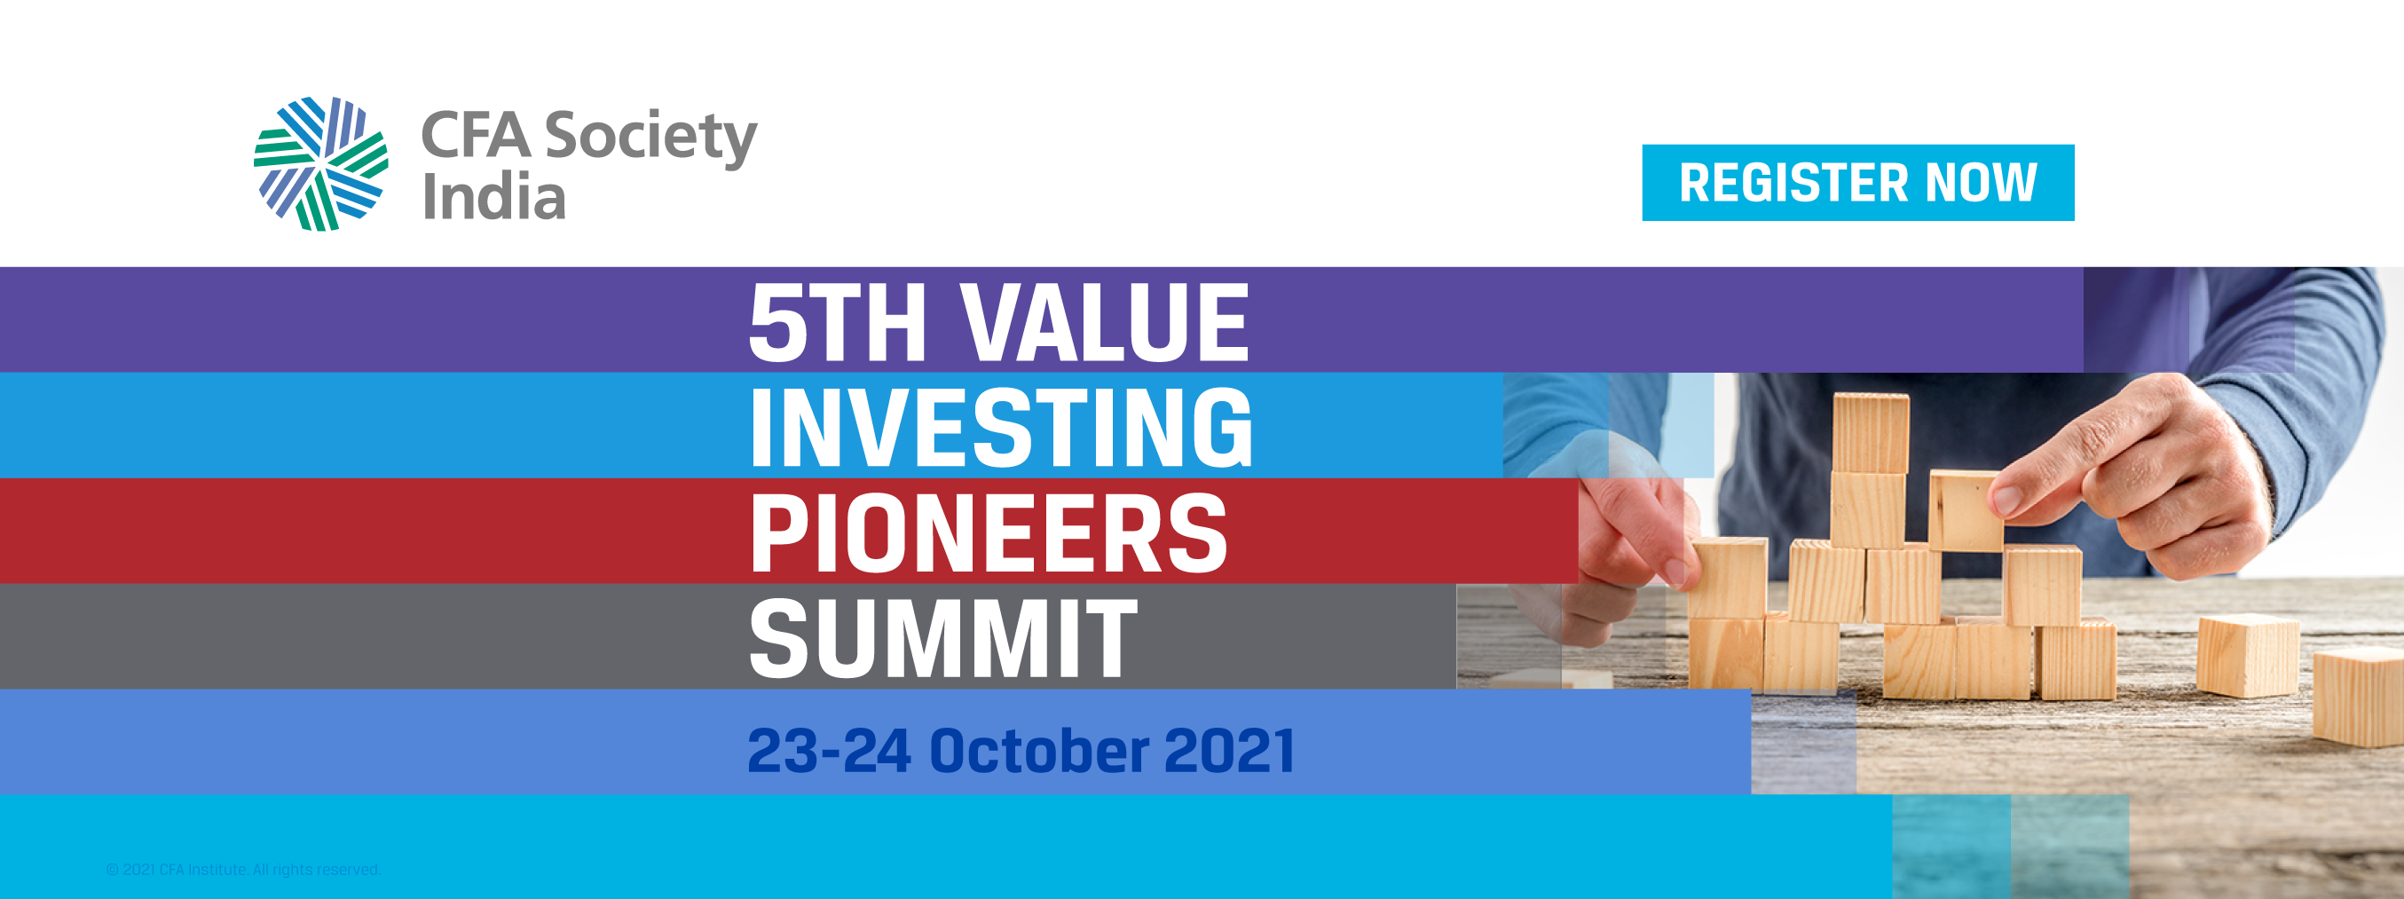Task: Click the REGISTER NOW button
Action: tap(1858, 183)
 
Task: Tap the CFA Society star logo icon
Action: tap(321, 163)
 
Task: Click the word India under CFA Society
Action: tap(493, 197)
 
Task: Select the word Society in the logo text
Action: tap(650, 138)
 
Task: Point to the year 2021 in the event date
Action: tap(1230, 751)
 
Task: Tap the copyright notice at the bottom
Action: tap(243, 870)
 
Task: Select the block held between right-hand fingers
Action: tap(1967, 510)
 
